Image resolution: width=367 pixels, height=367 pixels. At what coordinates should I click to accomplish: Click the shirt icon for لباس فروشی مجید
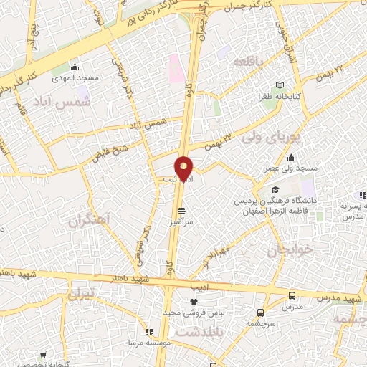tap(193, 303)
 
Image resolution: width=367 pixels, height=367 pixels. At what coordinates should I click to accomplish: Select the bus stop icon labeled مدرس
tap(291, 295)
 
